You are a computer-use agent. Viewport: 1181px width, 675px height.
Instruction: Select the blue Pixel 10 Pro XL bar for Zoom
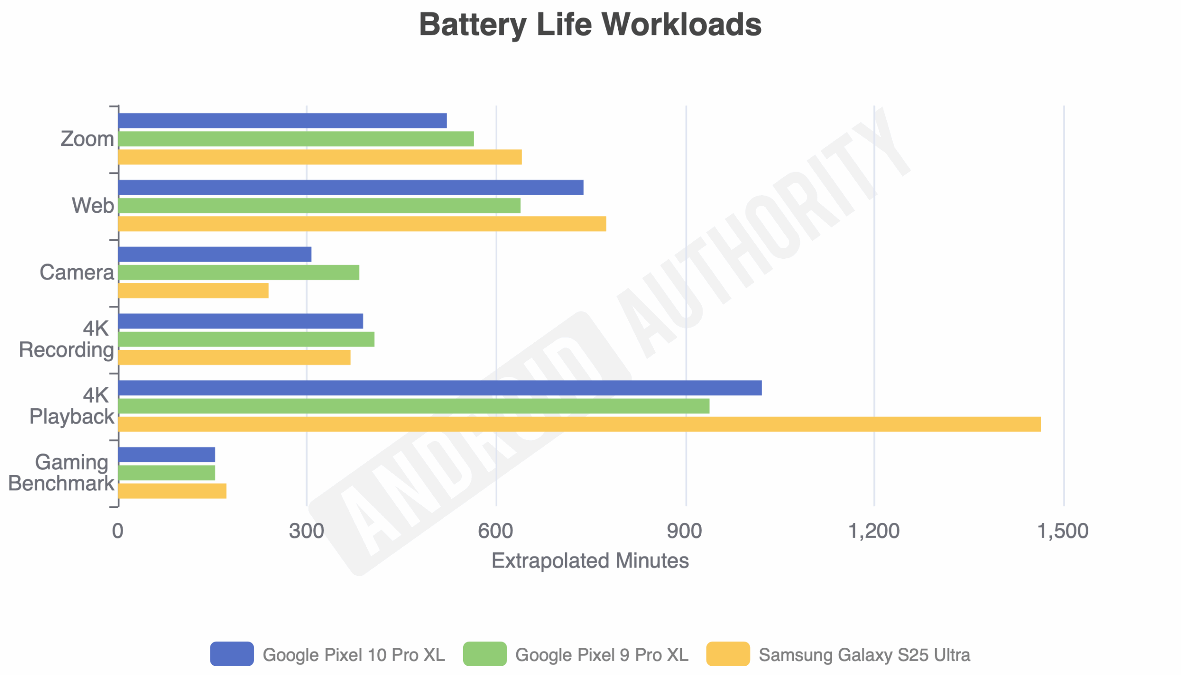coord(282,120)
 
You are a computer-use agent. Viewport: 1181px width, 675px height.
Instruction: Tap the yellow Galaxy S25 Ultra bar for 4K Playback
coord(579,424)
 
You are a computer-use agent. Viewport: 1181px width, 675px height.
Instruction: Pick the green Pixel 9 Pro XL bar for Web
coord(319,205)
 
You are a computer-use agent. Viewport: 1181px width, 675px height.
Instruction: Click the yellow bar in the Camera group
coord(193,291)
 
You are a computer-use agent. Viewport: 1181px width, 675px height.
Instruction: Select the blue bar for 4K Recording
coord(240,321)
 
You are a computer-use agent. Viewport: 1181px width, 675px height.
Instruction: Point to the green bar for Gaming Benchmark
coord(167,473)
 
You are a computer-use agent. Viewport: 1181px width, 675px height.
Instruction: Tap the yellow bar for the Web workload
coord(362,224)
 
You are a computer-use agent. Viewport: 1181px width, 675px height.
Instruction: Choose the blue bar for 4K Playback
coord(440,388)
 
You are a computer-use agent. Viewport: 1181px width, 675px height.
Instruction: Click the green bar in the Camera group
coord(239,273)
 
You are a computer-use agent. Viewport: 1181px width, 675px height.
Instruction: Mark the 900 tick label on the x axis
coord(685,532)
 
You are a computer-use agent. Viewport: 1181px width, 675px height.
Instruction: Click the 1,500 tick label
coord(1062,532)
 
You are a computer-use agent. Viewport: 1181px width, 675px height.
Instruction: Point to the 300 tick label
coord(306,532)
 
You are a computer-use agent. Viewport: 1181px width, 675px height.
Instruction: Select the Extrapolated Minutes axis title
coord(590,561)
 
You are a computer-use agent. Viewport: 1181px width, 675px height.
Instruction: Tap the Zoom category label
coord(87,139)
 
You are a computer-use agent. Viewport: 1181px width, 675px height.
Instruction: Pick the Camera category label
coord(77,273)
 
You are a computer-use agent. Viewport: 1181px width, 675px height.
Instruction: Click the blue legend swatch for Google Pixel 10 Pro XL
coord(232,654)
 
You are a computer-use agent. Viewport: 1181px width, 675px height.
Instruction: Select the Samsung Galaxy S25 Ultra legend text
coord(865,655)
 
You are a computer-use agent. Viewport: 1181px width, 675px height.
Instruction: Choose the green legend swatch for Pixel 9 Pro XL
coord(485,654)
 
